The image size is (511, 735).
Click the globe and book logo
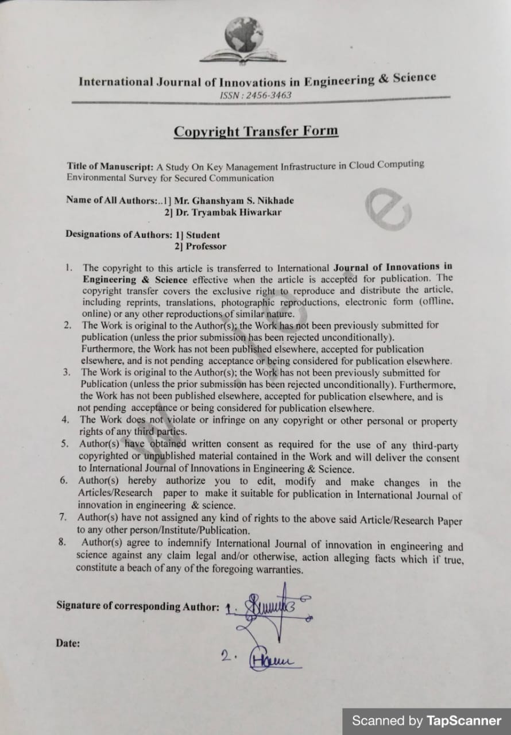243,41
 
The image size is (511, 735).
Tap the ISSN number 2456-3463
255,95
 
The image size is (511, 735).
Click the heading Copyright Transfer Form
256,131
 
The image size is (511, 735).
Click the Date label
68,643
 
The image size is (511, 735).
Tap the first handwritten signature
270,612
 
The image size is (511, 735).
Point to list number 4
65,419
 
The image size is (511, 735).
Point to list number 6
64,480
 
